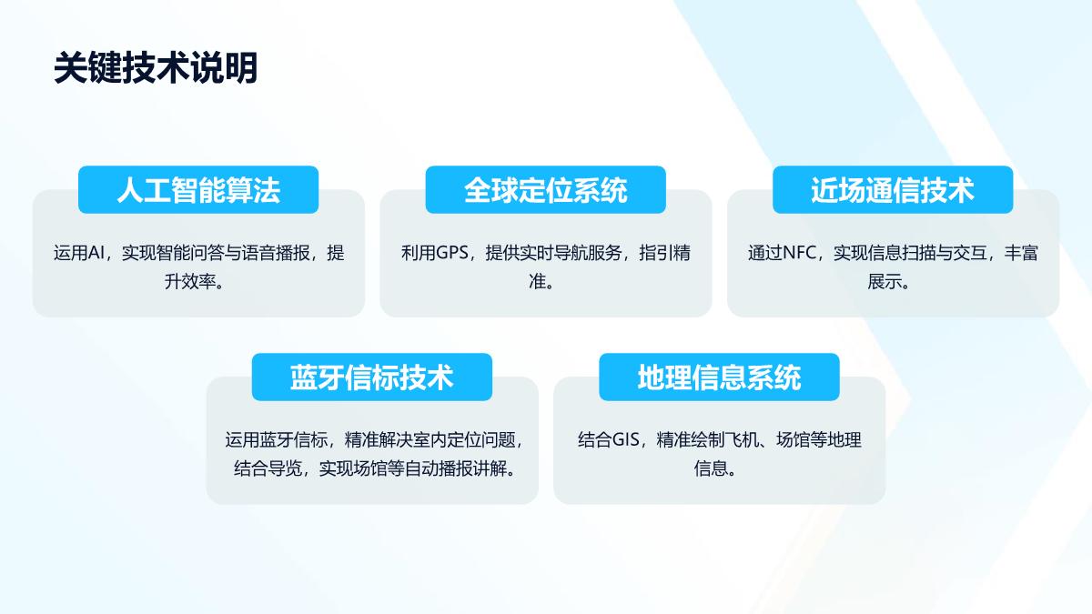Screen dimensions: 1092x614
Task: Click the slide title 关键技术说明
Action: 156,67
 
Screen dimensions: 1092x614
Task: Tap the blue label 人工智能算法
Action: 198,190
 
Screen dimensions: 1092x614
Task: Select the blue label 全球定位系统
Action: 545,190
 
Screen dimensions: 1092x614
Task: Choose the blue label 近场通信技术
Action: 893,190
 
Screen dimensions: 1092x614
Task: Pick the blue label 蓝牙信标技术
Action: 372,377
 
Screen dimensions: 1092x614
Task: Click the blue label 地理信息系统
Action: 719,377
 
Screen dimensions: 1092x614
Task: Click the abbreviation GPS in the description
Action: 452,253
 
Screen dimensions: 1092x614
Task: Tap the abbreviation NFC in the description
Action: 800,253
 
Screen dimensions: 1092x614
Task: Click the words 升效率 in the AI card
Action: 189,281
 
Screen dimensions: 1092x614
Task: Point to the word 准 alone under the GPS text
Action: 537,281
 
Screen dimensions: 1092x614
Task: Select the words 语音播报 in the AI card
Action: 276,253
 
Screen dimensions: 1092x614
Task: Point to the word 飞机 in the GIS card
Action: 742,440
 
